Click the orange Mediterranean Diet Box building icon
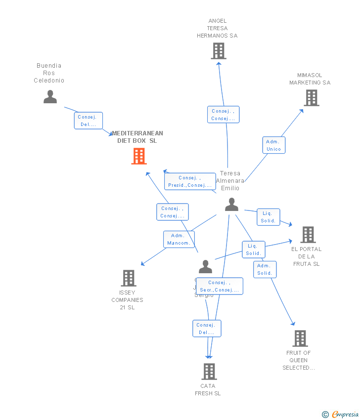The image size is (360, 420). (139, 156)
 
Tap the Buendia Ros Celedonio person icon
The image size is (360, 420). (50, 97)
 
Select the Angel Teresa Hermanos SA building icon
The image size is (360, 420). (218, 51)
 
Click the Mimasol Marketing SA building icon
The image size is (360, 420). (311, 98)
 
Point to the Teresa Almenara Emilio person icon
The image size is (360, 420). (231, 205)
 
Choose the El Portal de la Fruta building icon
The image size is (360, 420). (308, 235)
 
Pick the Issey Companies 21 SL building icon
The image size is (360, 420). (129, 278)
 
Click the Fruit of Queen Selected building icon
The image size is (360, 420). (300, 338)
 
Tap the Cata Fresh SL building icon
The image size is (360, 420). (209, 371)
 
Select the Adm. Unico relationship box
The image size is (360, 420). (273, 145)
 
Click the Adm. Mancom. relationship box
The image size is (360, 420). (179, 239)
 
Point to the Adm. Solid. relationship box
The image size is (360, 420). (265, 269)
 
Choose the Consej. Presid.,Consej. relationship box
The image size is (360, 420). (190, 181)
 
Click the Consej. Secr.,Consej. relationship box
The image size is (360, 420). (219, 286)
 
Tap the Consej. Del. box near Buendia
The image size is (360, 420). (89, 121)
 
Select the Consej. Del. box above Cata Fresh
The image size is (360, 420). (207, 329)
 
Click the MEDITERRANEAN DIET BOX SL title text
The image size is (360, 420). (137, 137)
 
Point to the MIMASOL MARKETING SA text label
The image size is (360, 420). (310, 79)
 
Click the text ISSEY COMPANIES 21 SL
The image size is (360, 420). (127, 300)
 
